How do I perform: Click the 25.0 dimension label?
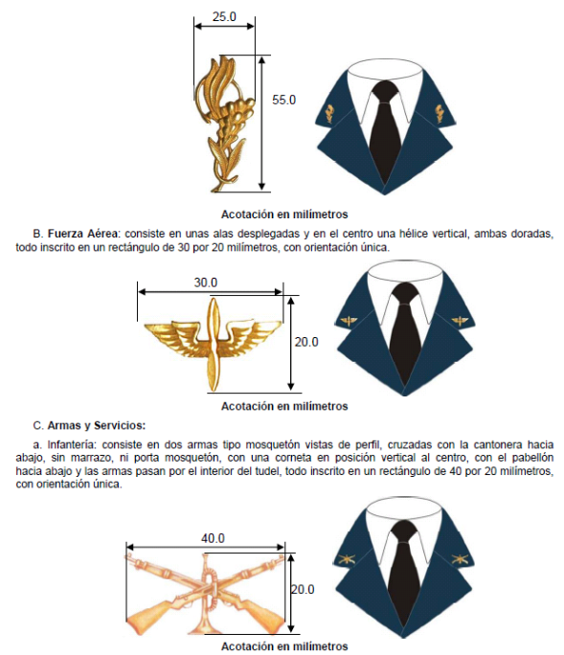[224, 16]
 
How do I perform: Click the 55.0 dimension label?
[283, 100]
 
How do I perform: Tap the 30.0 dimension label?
[206, 282]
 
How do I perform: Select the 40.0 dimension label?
[214, 538]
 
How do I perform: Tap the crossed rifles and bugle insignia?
[205, 593]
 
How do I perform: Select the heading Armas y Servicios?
[97, 426]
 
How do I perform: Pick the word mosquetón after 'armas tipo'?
[271, 444]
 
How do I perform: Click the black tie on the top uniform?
[385, 129]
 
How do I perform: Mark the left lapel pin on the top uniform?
[330, 114]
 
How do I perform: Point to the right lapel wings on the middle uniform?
[460, 321]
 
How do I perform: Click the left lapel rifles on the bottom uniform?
[347, 558]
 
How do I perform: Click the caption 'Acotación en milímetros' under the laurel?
[284, 215]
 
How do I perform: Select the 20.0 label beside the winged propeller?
[306, 342]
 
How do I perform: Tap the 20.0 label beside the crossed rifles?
[303, 590]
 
